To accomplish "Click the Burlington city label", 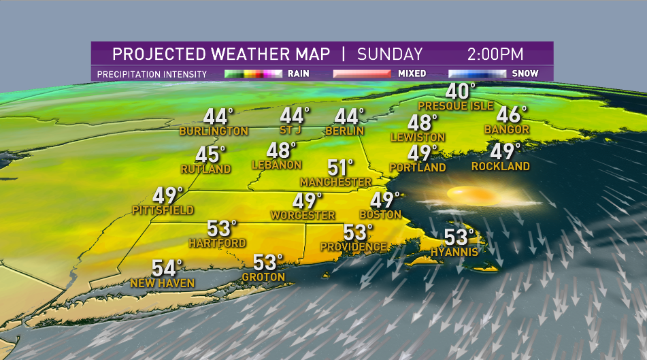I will [214, 131].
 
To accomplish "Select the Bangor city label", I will [507, 129].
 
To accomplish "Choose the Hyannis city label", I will [454, 252].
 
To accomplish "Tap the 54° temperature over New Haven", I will [167, 267].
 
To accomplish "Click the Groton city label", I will [264, 277].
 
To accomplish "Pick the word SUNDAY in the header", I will [390, 54].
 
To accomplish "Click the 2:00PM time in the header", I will [495, 54].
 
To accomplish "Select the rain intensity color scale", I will [253, 73].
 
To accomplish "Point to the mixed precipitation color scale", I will [361, 73].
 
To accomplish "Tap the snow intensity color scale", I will [477, 73].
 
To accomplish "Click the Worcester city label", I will [303, 216].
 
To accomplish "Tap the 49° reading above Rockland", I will [505, 151].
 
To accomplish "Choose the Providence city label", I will [354, 246].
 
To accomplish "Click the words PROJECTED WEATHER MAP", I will [221, 54].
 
